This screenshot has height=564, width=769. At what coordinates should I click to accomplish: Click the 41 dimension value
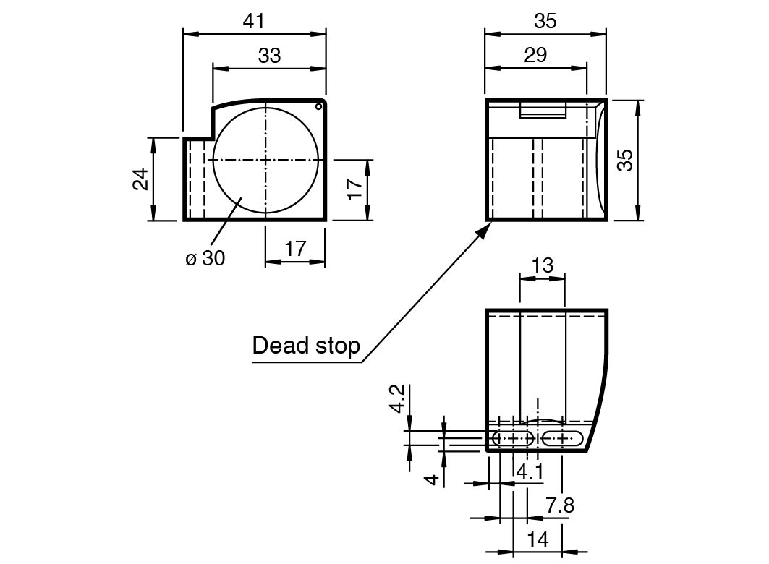[253, 21]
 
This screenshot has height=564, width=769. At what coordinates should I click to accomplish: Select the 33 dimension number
[269, 56]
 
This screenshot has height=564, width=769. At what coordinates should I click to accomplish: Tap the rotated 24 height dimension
[141, 179]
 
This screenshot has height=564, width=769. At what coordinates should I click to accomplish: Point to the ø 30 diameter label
[205, 257]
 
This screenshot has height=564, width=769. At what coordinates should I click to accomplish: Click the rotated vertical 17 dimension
[354, 188]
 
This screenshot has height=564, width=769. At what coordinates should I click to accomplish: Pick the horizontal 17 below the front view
[295, 249]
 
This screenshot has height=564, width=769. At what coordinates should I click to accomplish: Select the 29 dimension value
[535, 55]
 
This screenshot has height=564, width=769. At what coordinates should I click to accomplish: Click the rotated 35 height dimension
[625, 160]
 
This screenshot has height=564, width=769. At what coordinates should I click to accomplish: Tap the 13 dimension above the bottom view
[543, 265]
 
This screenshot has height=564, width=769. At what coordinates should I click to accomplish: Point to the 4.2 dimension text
[398, 399]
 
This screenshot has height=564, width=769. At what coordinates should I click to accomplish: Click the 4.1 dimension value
[531, 472]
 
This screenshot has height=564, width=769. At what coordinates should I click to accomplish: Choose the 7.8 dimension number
[560, 505]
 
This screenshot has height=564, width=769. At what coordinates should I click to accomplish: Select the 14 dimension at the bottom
[538, 539]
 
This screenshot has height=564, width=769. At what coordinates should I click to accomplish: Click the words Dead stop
[306, 346]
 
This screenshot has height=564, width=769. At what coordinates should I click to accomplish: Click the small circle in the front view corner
[318, 107]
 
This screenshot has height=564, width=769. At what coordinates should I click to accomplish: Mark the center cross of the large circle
[265, 160]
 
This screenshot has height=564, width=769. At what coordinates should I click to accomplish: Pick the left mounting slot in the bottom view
[513, 437]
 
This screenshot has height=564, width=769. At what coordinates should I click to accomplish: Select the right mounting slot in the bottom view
[563, 437]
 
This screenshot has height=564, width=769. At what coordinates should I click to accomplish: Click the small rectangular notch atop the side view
[543, 111]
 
